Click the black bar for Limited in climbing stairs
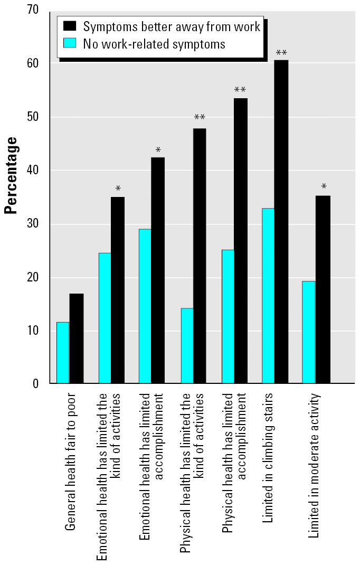[x=281, y=222]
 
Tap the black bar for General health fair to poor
[x=77, y=338]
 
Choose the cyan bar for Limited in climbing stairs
[x=268, y=296]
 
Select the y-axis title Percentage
[x=11, y=175]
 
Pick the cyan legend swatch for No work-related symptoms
[x=70, y=43]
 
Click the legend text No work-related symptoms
[x=154, y=43]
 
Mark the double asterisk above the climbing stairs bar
[x=281, y=53]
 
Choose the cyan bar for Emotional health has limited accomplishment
[x=145, y=306]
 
